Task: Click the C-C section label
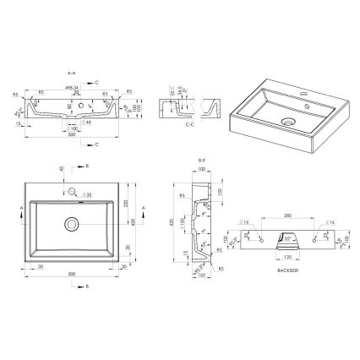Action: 192,124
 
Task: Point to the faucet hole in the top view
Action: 72,190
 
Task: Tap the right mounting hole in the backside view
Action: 323,239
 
